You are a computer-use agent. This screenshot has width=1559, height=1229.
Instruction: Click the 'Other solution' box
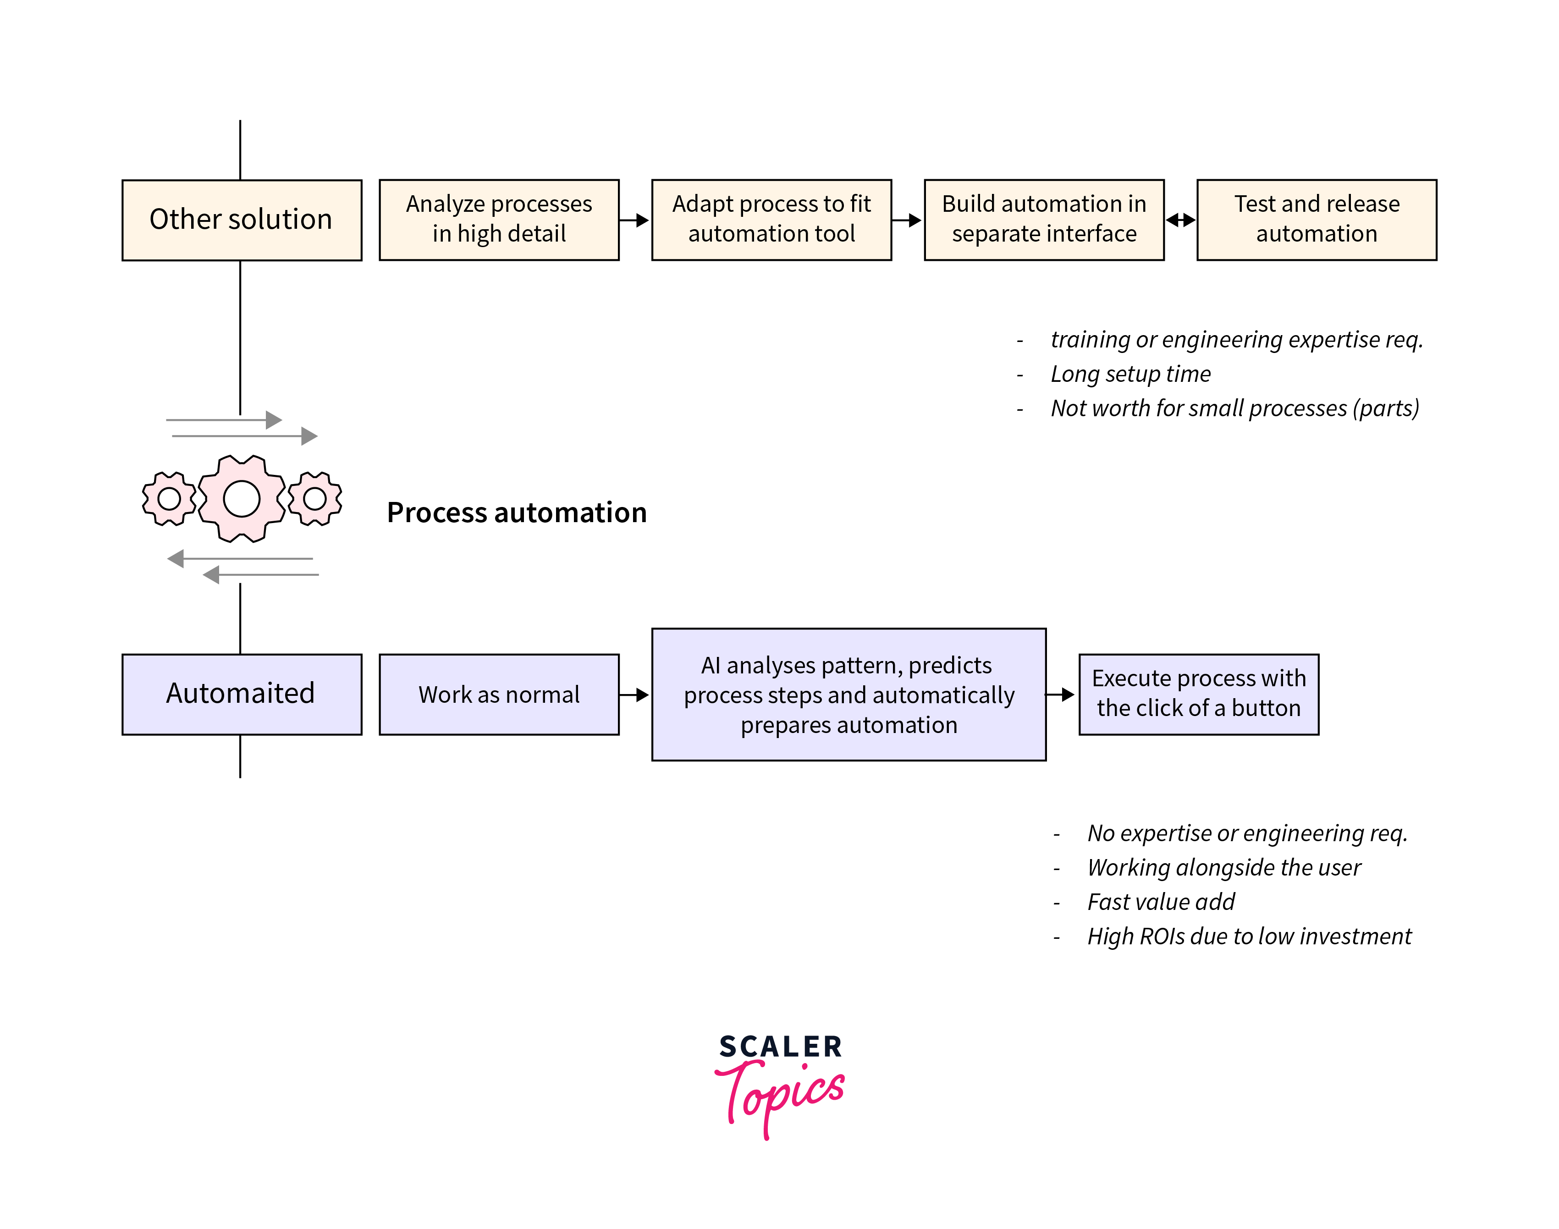[x=241, y=220]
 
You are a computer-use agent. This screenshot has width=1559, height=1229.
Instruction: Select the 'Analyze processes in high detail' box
[x=499, y=220]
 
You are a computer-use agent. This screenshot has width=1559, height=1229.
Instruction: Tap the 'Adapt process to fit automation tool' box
[x=771, y=220]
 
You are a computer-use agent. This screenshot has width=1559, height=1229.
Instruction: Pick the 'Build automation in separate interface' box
[x=1043, y=220]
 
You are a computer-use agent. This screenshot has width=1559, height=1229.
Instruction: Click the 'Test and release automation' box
[x=1316, y=220]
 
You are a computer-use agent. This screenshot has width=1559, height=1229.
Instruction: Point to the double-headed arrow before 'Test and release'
[x=1180, y=220]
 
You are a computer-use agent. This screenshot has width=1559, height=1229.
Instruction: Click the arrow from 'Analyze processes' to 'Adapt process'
[x=634, y=220]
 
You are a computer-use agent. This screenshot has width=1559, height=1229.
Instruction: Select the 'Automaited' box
[x=241, y=694]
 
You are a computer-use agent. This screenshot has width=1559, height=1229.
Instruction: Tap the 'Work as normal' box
[x=499, y=694]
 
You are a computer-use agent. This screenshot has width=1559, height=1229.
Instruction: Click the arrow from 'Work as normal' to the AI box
[x=634, y=694]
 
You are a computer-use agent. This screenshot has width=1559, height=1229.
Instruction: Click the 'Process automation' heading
[x=517, y=513]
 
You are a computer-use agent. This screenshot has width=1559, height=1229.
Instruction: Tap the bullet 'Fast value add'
[x=1161, y=902]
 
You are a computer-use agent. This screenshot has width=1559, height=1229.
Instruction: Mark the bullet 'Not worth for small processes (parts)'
[x=1234, y=408]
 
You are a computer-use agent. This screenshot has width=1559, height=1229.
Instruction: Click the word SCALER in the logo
[x=781, y=1046]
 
